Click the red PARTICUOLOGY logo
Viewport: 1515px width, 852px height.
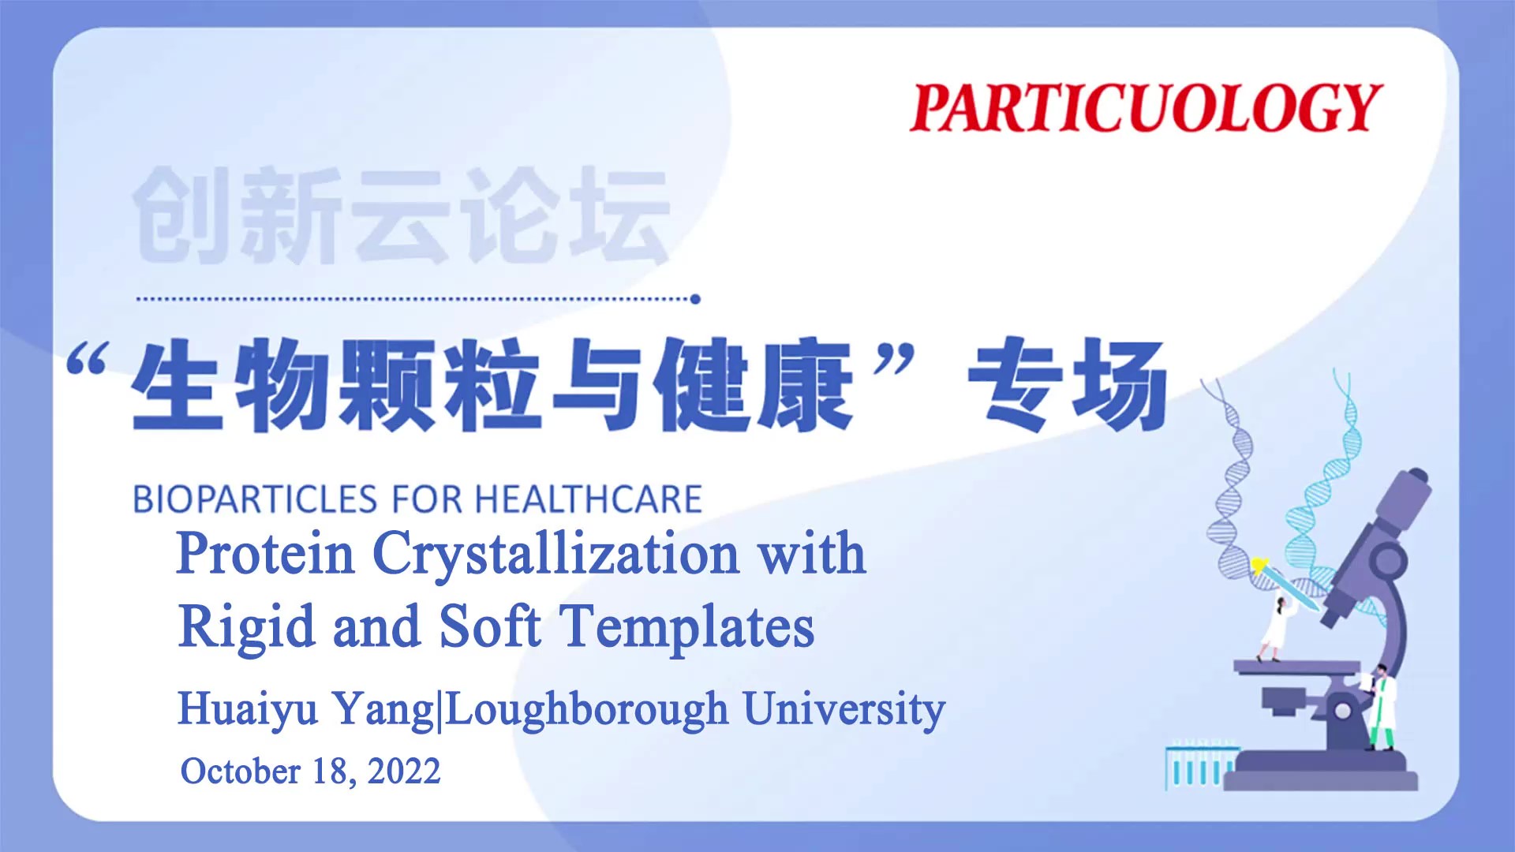click(1146, 107)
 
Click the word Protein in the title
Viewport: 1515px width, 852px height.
click(266, 553)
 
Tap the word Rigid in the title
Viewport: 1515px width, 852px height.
click(247, 628)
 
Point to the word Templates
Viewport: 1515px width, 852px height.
click(687, 628)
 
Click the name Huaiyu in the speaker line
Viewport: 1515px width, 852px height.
click(248, 709)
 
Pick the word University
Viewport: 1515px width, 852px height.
click(844, 709)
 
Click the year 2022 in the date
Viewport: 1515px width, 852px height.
click(404, 771)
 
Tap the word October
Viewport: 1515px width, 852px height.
click(241, 771)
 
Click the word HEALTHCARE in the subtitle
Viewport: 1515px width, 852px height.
click(589, 499)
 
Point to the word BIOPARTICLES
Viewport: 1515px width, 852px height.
click(256, 499)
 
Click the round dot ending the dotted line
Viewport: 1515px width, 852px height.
click(695, 299)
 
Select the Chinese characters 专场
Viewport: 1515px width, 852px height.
click(1068, 385)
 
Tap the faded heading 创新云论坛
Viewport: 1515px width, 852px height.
click(402, 214)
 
